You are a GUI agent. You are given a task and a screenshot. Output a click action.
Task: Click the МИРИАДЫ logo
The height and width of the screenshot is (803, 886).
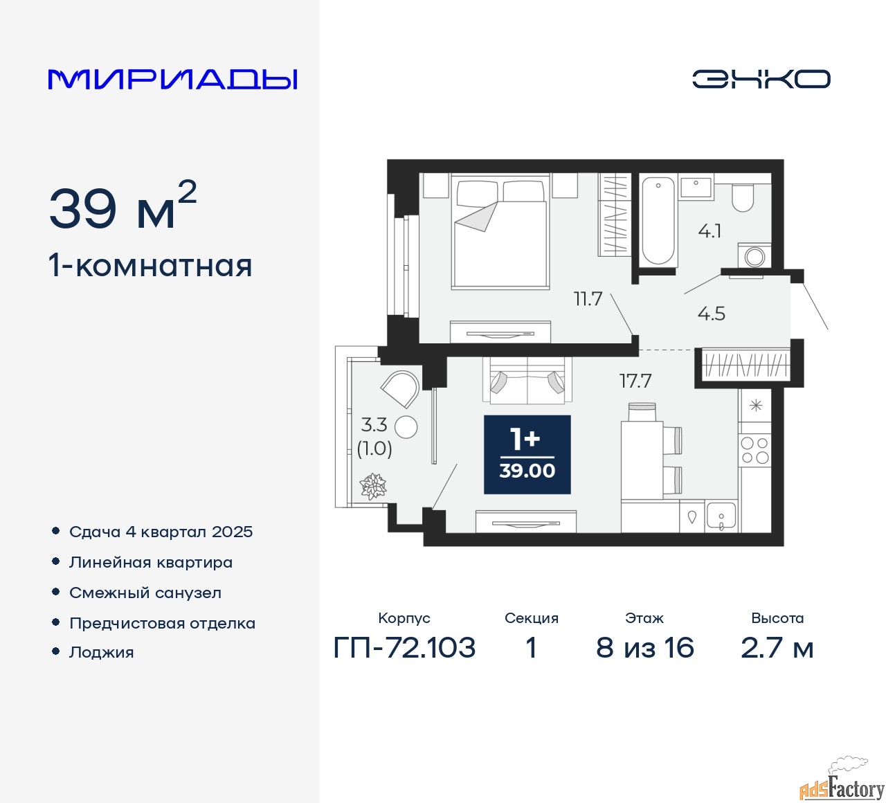[x=172, y=80]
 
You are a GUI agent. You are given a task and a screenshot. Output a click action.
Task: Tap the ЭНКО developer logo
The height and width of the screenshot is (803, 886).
[x=761, y=79]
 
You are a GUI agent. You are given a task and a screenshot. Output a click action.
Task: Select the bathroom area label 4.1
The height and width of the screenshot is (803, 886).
[x=709, y=231]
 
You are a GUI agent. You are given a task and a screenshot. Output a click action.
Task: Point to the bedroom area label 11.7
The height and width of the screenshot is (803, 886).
[x=588, y=299]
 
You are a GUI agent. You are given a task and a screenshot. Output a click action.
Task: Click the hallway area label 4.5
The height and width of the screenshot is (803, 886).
[x=711, y=314]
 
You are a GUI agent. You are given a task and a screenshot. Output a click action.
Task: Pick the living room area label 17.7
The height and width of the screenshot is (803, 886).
[x=635, y=381]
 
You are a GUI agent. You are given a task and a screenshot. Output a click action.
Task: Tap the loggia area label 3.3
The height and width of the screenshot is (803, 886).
[x=374, y=425]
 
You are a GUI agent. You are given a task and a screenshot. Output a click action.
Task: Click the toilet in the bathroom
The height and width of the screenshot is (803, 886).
[x=743, y=197]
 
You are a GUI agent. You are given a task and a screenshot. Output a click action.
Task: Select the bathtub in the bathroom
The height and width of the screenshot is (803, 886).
[x=658, y=221]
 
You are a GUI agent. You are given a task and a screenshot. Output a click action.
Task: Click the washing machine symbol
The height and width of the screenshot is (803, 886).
[x=754, y=256]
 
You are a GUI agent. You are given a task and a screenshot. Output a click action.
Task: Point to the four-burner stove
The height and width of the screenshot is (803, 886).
[x=754, y=450]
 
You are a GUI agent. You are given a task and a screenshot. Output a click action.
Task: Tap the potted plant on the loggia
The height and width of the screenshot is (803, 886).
[x=373, y=486]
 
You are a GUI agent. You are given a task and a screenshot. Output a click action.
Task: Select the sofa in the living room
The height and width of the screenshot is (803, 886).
[x=527, y=381]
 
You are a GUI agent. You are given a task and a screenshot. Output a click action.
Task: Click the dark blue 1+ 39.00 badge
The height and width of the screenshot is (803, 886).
[x=527, y=455]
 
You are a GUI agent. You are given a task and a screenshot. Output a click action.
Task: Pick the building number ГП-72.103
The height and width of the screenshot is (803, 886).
[x=404, y=648]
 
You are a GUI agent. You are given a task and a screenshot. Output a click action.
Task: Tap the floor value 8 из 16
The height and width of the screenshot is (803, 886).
[x=645, y=648]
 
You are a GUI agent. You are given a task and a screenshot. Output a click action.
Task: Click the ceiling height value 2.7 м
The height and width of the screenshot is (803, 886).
[x=777, y=648]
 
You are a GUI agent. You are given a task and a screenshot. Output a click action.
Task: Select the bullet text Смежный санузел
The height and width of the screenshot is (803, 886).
[x=145, y=593]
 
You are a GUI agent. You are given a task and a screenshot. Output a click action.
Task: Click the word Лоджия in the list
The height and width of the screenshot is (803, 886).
[x=101, y=652]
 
